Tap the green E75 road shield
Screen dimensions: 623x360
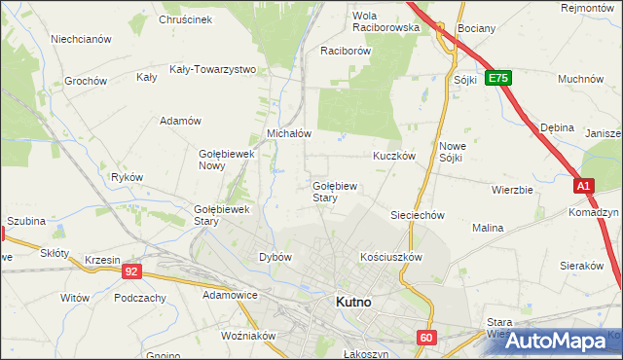pos(498,78)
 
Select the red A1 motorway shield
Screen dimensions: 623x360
pos(582,185)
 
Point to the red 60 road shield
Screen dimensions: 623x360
pos(426,338)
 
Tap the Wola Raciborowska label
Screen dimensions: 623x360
pos(385,21)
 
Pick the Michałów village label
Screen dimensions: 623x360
pos(288,133)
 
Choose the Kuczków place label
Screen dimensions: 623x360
pos(394,156)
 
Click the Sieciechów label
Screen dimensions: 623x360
pos(418,215)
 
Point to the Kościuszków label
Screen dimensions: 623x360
pos(390,257)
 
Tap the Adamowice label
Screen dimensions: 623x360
pos(229,293)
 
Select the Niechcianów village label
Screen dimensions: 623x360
pos(81,40)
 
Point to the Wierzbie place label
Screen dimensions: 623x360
pos(512,190)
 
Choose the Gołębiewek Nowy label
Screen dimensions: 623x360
pos(226,160)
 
